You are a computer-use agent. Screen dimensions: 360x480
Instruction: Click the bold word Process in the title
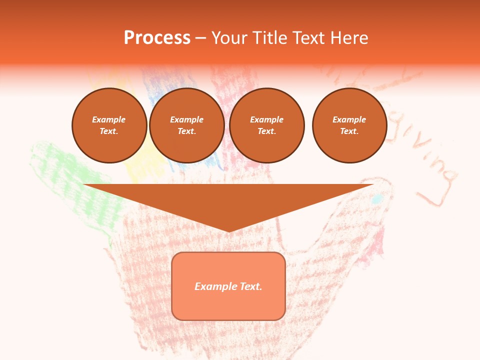(157, 38)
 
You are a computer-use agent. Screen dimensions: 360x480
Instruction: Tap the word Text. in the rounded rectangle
(250, 286)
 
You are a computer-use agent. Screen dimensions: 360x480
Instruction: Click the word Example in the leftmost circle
(109, 119)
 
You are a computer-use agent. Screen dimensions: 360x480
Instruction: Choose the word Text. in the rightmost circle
(349, 131)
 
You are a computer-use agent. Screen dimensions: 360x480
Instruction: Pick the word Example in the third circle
(266, 119)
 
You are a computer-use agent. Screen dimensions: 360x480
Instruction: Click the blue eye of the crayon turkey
(377, 199)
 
